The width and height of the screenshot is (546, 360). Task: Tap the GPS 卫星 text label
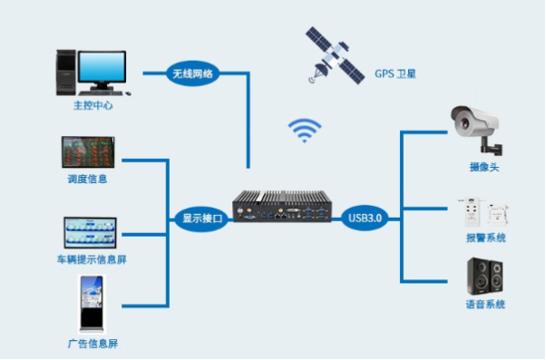(x=396, y=73)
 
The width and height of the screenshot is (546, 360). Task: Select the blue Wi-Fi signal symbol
(x=305, y=130)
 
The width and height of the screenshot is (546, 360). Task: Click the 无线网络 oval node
(x=192, y=73)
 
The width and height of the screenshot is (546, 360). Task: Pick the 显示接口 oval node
(x=202, y=219)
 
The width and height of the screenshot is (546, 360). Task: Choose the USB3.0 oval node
(x=366, y=218)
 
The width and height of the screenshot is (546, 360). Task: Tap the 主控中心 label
(x=93, y=106)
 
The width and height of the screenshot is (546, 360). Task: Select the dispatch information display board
(x=88, y=152)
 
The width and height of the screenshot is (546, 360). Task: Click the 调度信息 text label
(x=88, y=179)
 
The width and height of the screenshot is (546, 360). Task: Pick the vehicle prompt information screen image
(x=90, y=233)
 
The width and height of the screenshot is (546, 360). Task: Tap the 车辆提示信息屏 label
(x=90, y=260)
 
